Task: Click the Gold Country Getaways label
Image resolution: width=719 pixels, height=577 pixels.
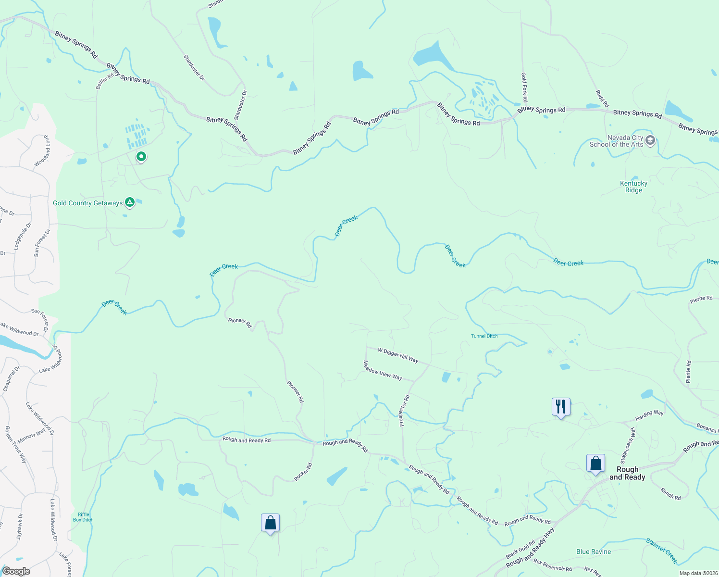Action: tap(87, 203)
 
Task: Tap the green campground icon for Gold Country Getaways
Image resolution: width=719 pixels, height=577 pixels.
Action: tap(130, 202)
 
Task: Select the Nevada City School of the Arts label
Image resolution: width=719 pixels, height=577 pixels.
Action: tap(616, 141)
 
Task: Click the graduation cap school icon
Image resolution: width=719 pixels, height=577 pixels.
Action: tap(650, 140)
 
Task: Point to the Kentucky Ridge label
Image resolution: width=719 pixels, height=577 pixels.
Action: tap(633, 187)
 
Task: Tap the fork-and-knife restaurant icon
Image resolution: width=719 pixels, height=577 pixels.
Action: tap(561, 407)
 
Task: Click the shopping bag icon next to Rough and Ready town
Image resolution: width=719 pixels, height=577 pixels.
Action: tap(595, 464)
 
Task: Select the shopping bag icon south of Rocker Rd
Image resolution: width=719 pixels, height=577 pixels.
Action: tap(270, 523)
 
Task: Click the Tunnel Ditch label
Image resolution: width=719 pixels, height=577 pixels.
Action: tap(484, 336)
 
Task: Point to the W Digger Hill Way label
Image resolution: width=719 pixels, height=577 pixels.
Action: tap(398, 355)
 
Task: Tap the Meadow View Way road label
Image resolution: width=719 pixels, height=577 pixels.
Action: tap(383, 370)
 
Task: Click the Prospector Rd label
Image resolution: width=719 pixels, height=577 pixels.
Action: tap(404, 411)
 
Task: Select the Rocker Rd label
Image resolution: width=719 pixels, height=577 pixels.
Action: tap(303, 472)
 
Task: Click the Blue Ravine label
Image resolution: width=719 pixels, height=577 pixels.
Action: tap(594, 552)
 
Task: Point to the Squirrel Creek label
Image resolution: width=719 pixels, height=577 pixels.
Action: tap(662, 551)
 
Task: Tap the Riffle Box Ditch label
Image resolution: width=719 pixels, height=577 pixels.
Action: tap(83, 517)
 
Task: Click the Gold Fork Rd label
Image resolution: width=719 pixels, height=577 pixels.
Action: tap(524, 88)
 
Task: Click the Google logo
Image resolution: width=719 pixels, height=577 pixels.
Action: tap(16, 571)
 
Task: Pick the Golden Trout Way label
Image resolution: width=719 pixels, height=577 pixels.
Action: tap(16, 444)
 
